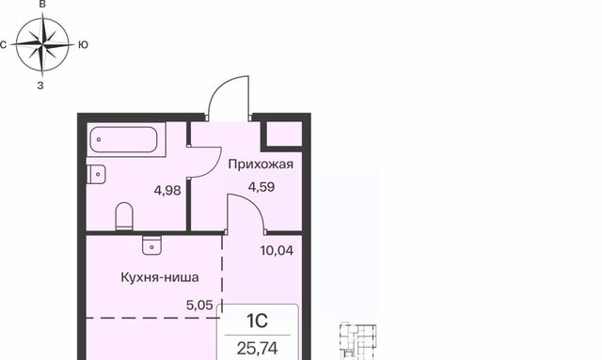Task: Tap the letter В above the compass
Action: [x=41, y=5]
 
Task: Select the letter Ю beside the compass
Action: [x=84, y=44]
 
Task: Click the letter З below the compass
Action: [x=40, y=85]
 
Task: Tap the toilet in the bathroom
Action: [x=123, y=216]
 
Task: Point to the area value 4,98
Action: [x=167, y=188]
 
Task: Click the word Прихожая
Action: [x=261, y=164]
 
